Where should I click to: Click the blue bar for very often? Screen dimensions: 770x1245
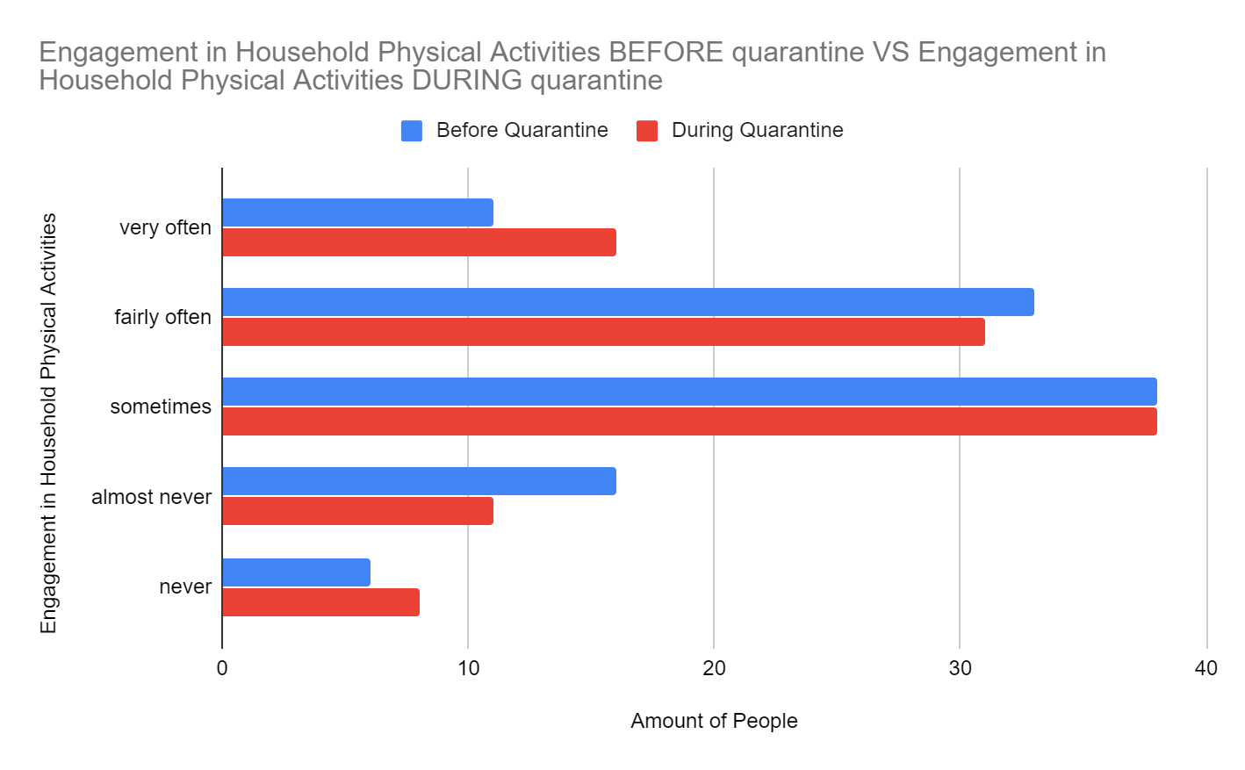click(357, 212)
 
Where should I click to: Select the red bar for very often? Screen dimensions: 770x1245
click(419, 242)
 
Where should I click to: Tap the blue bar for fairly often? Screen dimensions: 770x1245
click(628, 302)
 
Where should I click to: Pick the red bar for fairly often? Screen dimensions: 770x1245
click(603, 332)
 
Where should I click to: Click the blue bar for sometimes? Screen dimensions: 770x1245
click(689, 392)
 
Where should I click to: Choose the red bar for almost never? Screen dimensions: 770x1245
click(357, 511)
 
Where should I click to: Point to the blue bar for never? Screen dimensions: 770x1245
click(296, 572)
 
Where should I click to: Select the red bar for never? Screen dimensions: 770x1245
click(320, 602)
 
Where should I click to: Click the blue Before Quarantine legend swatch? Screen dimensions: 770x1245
click(412, 131)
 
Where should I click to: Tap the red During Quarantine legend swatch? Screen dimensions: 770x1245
click(647, 131)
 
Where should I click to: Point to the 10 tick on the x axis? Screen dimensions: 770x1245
click(468, 668)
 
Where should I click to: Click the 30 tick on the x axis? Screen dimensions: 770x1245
click(960, 668)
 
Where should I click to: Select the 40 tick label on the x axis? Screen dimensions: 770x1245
click(1205, 668)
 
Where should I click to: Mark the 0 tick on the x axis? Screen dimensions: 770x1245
click(222, 668)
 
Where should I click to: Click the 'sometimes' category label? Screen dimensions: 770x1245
click(161, 407)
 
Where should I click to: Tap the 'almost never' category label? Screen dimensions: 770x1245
click(151, 497)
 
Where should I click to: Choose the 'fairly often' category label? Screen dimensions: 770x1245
click(162, 317)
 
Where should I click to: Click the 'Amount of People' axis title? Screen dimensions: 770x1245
click(714, 721)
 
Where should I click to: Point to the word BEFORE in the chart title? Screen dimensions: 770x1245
click(666, 53)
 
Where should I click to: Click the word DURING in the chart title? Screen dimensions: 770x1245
click(467, 81)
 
